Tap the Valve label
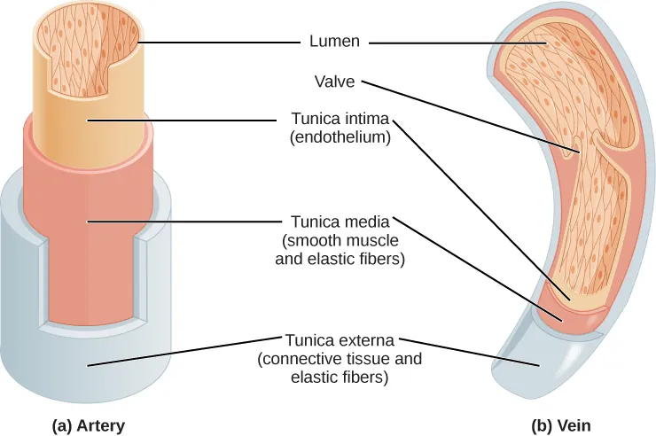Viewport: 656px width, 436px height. click(334, 81)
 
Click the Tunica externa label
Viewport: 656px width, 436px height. click(340, 340)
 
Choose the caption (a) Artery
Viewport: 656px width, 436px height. click(88, 425)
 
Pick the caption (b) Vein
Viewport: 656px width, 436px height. click(561, 425)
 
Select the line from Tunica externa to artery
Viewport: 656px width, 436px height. click(177, 351)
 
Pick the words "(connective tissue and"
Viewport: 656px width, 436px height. click(340, 359)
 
